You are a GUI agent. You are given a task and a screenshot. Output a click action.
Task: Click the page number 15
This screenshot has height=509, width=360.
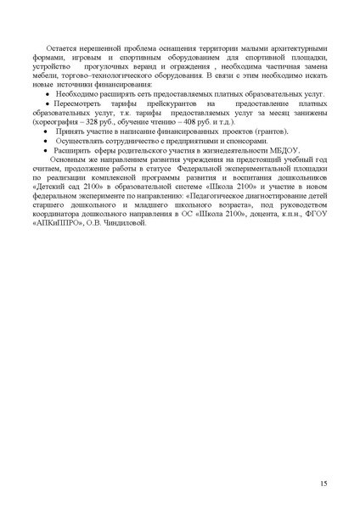324,483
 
